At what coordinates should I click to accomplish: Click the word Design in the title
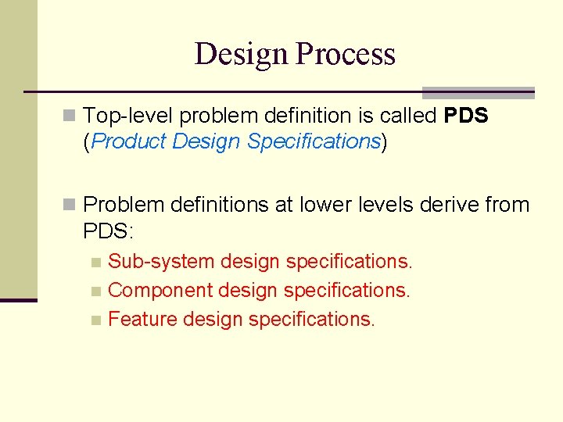point(242,54)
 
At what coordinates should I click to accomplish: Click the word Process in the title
point(346,54)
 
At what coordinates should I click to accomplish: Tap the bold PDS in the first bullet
point(465,116)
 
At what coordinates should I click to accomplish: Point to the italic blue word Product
point(130,141)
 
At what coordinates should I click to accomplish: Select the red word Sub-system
point(161,261)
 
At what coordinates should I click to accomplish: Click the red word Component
point(160,290)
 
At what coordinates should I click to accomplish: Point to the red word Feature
point(142,319)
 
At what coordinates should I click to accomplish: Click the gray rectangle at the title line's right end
point(478,92)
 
